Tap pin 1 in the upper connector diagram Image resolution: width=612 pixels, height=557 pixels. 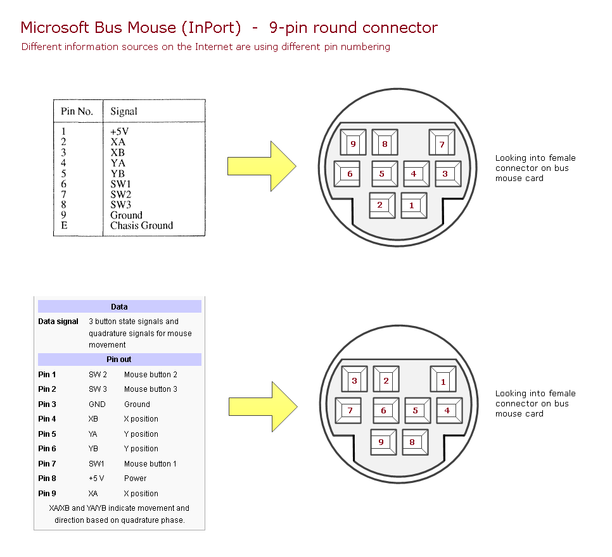[x=414, y=206]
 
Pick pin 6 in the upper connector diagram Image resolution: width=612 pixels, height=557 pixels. [x=347, y=174]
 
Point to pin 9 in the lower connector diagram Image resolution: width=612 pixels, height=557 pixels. [x=384, y=442]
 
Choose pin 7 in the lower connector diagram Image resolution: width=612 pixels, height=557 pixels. [x=348, y=411]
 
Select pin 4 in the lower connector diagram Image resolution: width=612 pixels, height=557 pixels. [x=450, y=411]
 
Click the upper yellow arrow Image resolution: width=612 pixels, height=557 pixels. [x=262, y=166]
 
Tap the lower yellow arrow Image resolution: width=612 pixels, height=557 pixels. [x=263, y=407]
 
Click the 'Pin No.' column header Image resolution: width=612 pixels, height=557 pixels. [x=77, y=111]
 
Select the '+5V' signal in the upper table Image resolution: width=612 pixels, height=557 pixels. [x=120, y=132]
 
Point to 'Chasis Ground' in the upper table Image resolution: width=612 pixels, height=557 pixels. [x=142, y=225]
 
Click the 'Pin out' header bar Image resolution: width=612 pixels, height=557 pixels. [x=120, y=360]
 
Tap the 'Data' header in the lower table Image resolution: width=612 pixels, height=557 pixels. [x=120, y=306]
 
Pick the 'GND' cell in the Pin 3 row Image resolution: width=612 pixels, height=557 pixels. [x=97, y=404]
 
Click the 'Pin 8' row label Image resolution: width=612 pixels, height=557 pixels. [x=48, y=479]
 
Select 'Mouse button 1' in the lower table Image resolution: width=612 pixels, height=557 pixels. [x=150, y=464]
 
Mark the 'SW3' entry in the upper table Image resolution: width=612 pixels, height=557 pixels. [x=120, y=205]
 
